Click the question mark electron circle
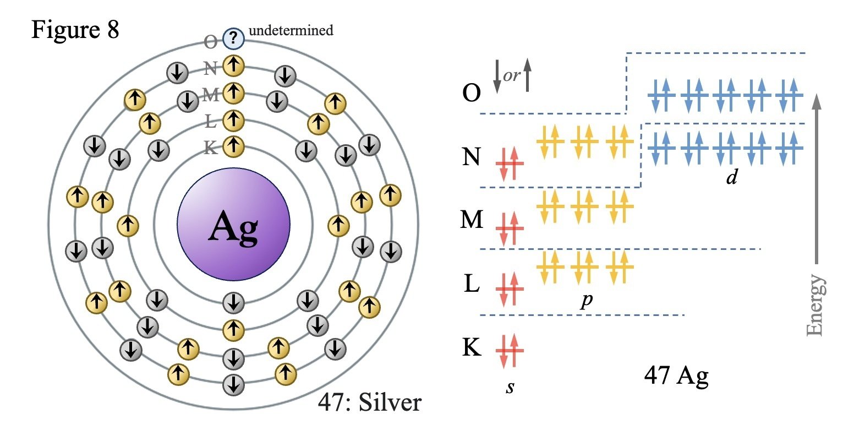tap(233, 38)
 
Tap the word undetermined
tap(291, 30)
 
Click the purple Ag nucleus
tap(233, 224)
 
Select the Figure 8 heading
tap(75, 29)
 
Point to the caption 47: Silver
tap(370, 402)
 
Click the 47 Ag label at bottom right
tap(676, 376)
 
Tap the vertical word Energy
tap(815, 305)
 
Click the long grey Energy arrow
tap(816, 178)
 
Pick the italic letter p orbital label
tap(587, 300)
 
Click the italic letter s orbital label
tap(510, 388)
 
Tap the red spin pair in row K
tap(510, 351)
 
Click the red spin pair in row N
tap(510, 163)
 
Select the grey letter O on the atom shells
tap(210, 42)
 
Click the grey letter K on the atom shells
tap(210, 148)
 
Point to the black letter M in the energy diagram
tap(472, 220)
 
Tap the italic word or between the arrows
tap(512, 76)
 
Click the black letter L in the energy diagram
tap(472, 284)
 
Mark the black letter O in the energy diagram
tap(471, 92)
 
